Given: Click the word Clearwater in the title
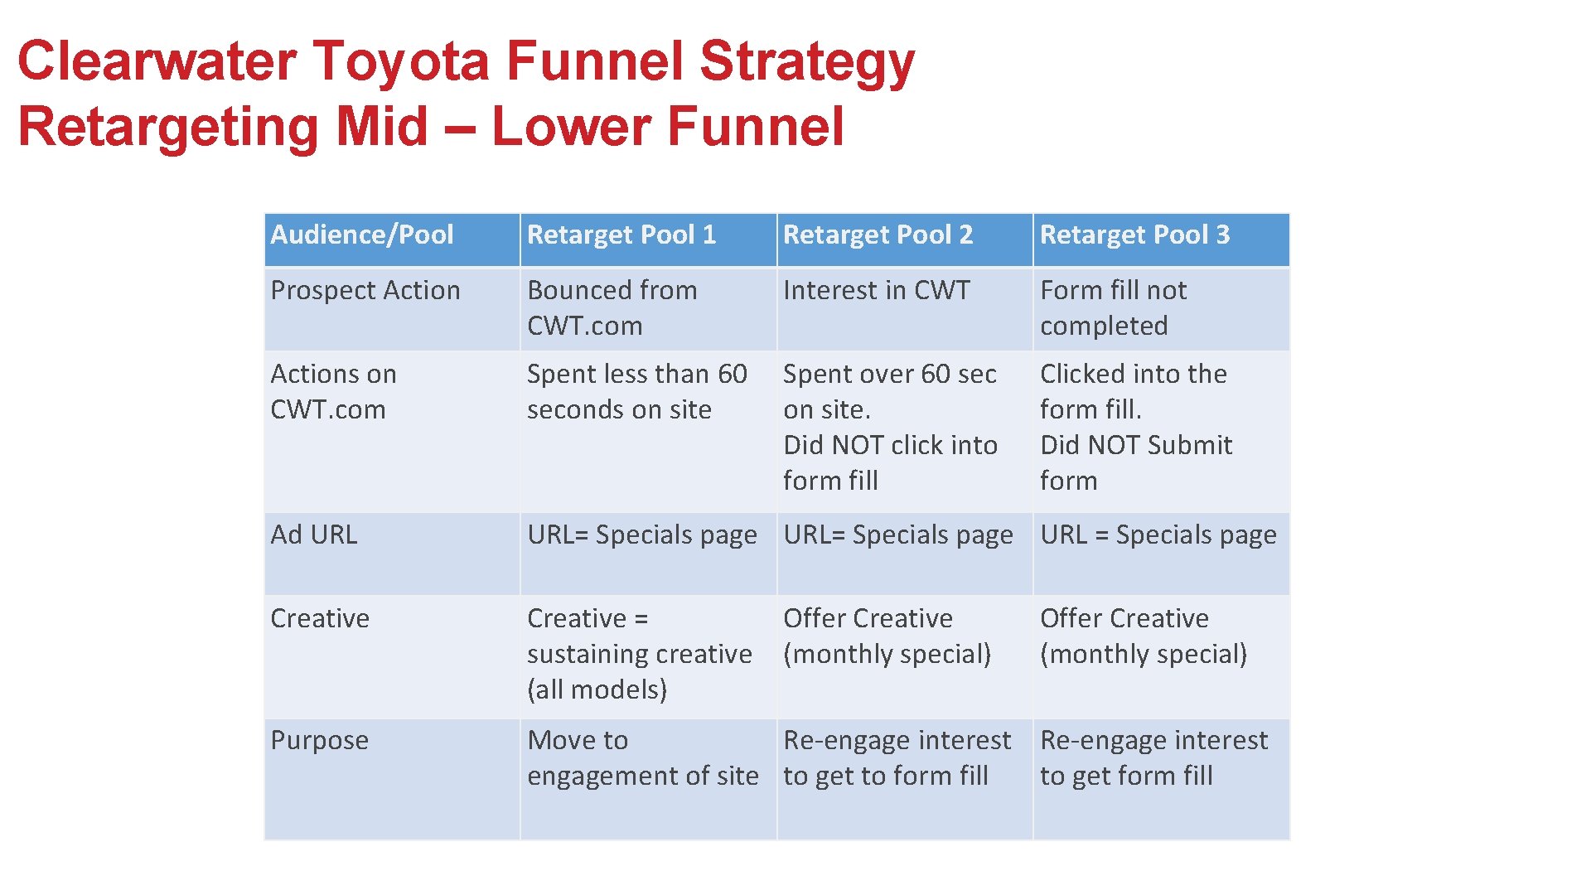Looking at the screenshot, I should (x=157, y=61).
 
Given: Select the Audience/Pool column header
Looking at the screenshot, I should (x=362, y=235).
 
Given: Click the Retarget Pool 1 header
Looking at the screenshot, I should (x=621, y=235).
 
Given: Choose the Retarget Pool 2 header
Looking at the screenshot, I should (x=878, y=235).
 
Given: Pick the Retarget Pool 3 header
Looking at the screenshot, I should (x=1134, y=235).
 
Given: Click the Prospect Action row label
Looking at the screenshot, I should (x=365, y=291).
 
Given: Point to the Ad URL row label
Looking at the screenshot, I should (x=314, y=535).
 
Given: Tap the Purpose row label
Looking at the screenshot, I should (x=320, y=740).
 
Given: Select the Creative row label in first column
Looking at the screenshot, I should (x=320, y=619).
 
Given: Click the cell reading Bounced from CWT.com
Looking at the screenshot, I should (x=612, y=308).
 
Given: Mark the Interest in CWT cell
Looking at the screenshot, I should (x=876, y=291).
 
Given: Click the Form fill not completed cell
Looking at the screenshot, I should (x=1113, y=308).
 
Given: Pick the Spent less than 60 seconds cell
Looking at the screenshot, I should (x=636, y=392).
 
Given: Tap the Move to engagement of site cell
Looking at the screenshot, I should (x=642, y=758).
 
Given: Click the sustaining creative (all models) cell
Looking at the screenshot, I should (x=639, y=655).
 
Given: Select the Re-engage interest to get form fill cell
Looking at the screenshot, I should (x=1153, y=758).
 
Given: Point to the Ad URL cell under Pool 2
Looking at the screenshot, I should (x=898, y=535).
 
